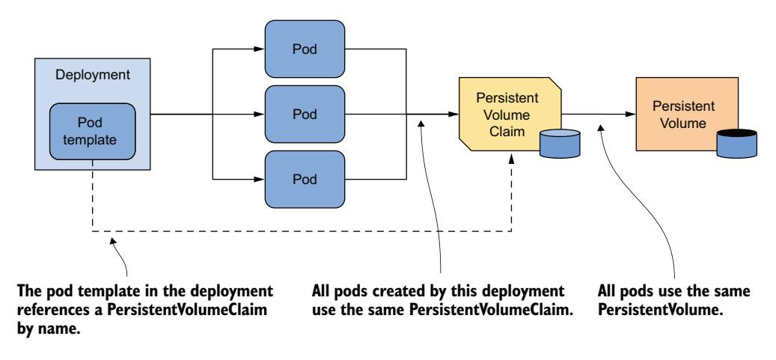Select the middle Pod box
coord(305,115)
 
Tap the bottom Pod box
coord(305,180)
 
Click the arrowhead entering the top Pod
coord(258,49)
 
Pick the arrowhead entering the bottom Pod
coord(258,180)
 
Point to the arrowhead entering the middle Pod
coord(258,115)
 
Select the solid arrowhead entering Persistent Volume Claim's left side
coord(453,115)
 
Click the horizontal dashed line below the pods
coord(299,231)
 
